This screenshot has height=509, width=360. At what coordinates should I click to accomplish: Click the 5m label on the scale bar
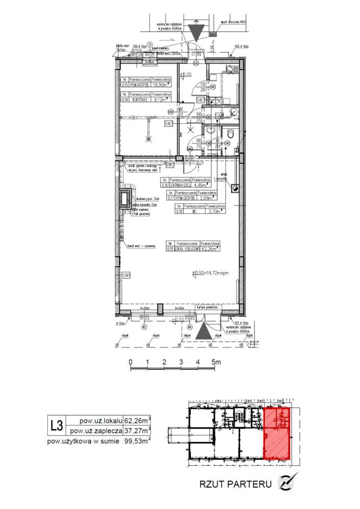pyautogui.click(x=215, y=362)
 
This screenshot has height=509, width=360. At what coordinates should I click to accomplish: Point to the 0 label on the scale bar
pyautogui.click(x=131, y=362)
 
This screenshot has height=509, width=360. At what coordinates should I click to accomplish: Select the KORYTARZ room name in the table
pyautogui.click(x=140, y=100)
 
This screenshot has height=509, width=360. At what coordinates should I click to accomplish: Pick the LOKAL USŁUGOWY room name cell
pyautogui.click(x=187, y=249)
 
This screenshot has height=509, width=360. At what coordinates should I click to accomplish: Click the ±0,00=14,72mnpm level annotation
pyautogui.click(x=211, y=274)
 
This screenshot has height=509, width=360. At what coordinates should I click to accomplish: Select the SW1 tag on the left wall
pyautogui.click(x=125, y=276)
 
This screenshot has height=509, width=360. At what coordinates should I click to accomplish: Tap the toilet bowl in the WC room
pyautogui.click(x=231, y=134)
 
